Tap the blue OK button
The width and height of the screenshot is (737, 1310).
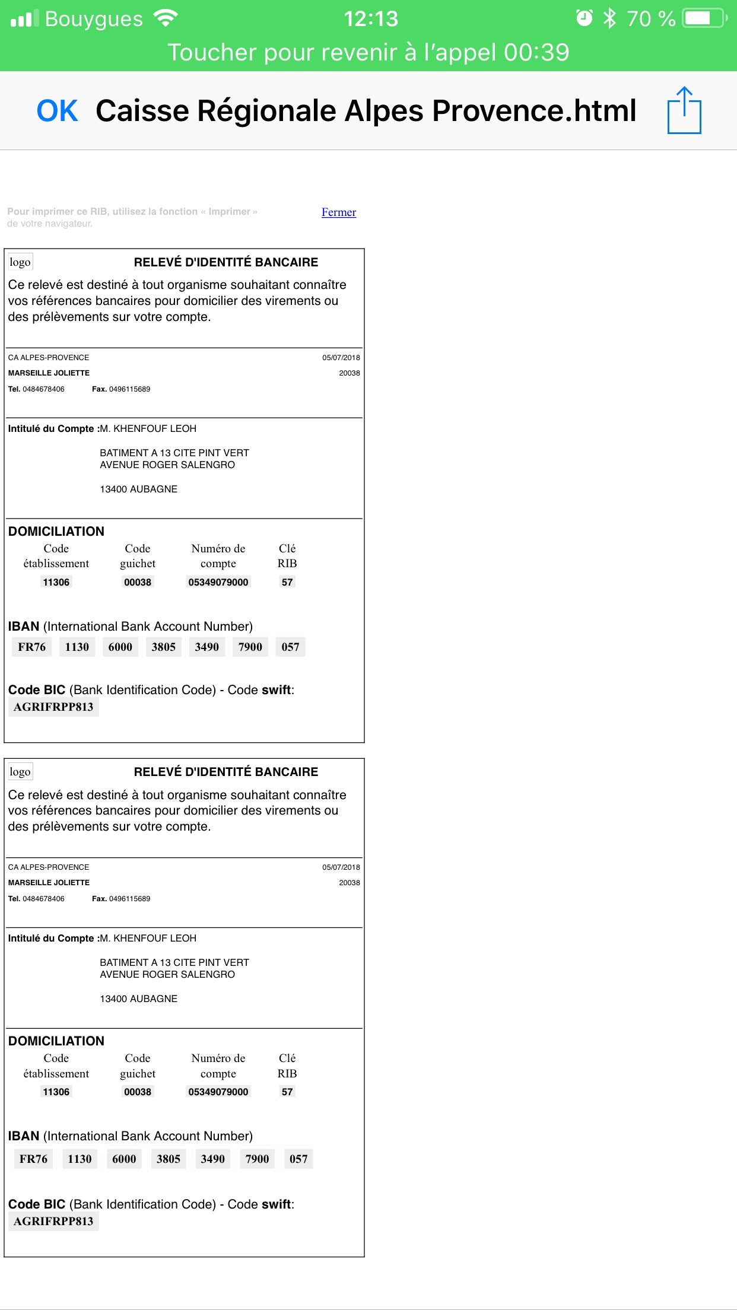click(57, 111)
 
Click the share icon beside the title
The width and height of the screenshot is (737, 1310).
click(684, 110)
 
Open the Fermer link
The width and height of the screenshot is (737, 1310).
click(339, 212)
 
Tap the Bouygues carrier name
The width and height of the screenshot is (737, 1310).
click(94, 19)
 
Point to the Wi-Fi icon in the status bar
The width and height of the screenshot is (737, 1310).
click(165, 18)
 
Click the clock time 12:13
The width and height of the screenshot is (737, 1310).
click(371, 19)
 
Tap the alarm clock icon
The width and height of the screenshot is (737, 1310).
click(584, 18)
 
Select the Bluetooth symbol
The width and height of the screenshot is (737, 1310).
click(609, 18)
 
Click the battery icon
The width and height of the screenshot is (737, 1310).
click(704, 18)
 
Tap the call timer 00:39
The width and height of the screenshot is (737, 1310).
click(536, 53)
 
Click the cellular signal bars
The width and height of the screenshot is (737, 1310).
click(24, 19)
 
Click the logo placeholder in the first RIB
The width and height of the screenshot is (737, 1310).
click(20, 262)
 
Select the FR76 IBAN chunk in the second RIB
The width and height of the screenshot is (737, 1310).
click(33, 1159)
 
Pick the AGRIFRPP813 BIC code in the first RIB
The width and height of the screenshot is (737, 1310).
click(53, 707)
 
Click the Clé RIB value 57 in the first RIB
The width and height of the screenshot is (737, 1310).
click(287, 582)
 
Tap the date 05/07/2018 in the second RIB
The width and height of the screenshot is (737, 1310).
click(341, 867)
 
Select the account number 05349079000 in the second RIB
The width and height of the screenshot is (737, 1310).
click(218, 1092)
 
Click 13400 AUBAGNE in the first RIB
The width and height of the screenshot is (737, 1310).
click(138, 489)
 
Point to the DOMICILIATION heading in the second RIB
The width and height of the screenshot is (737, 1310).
click(56, 1041)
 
